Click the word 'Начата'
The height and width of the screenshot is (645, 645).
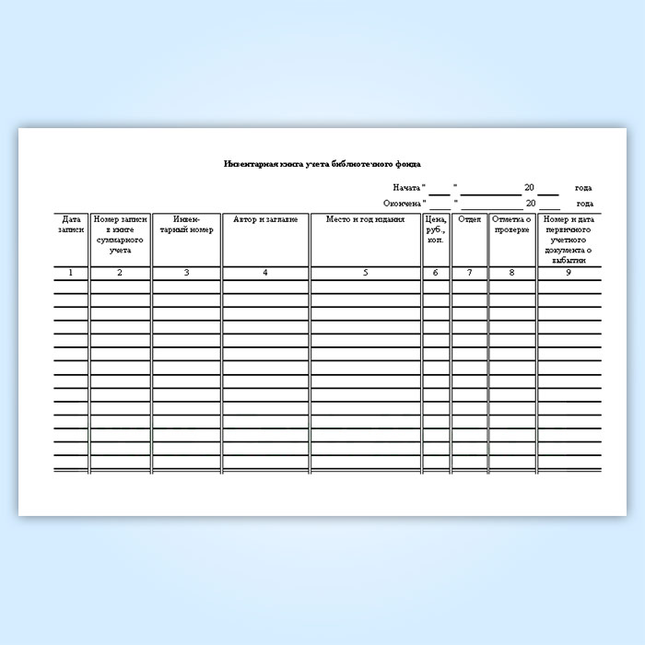coord(405,188)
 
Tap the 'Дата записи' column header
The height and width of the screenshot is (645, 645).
coord(71,224)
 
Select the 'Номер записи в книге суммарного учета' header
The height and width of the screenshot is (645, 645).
coord(121,234)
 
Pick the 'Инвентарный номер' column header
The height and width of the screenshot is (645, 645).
coord(186,224)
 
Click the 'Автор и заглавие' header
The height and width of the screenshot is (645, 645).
coord(265,219)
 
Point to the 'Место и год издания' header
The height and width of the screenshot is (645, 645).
coord(365,219)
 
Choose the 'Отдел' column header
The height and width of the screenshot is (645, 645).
coord(469,219)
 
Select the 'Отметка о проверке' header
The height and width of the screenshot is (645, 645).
coord(512,224)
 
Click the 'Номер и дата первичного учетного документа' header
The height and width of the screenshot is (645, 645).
coord(569,239)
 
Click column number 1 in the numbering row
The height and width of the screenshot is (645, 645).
coord(71,273)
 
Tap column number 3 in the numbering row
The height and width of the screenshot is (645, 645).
coord(186,273)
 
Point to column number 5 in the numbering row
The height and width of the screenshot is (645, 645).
coord(365,273)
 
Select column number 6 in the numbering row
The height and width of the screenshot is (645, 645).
coord(436,273)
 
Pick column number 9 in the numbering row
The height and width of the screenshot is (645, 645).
coord(569,273)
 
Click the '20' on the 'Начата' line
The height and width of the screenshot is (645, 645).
coord(529,188)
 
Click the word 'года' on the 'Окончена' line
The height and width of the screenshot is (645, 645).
coord(584,204)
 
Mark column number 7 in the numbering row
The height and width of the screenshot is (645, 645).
coord(469,273)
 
